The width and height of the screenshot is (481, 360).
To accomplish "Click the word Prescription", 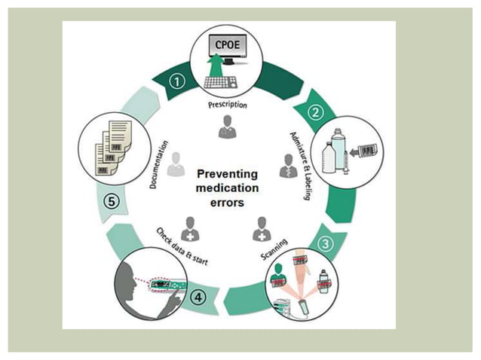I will point(228,105).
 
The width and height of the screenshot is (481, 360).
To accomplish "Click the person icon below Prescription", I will point(226,129).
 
